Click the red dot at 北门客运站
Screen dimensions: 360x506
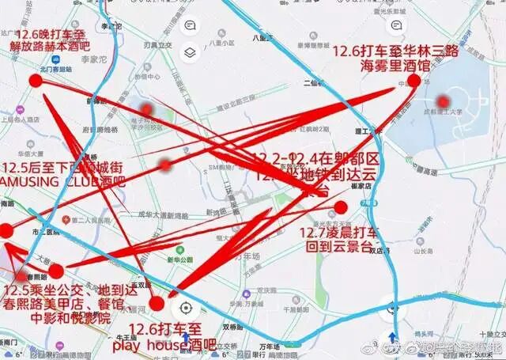(36, 80)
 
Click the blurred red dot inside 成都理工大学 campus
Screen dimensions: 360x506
(444, 102)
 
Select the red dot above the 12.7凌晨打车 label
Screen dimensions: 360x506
(341, 207)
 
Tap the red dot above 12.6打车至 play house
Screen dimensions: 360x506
(157, 303)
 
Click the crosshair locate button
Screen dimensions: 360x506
(187, 308)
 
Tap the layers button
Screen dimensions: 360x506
(190, 53)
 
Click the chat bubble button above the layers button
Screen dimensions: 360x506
(190, 25)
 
